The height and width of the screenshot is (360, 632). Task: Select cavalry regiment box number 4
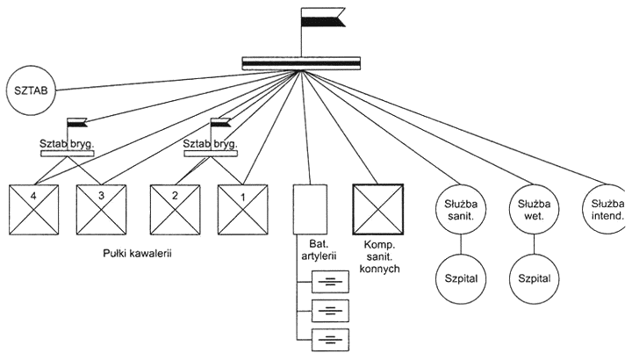click(34, 210)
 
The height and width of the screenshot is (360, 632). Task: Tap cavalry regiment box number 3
click(101, 210)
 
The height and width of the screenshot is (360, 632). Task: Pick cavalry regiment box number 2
click(175, 210)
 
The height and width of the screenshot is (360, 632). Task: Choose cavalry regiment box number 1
click(242, 210)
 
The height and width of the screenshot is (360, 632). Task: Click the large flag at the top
click(323, 17)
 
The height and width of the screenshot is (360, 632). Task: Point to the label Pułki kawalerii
click(137, 254)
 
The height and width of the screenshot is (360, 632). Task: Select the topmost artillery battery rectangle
click(331, 282)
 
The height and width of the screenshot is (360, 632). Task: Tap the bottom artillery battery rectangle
click(331, 340)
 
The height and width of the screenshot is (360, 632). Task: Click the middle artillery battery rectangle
click(331, 311)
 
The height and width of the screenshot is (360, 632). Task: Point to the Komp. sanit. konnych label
click(379, 256)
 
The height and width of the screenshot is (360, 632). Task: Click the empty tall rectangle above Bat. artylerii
click(310, 210)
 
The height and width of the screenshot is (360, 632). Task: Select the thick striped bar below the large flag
click(301, 63)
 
